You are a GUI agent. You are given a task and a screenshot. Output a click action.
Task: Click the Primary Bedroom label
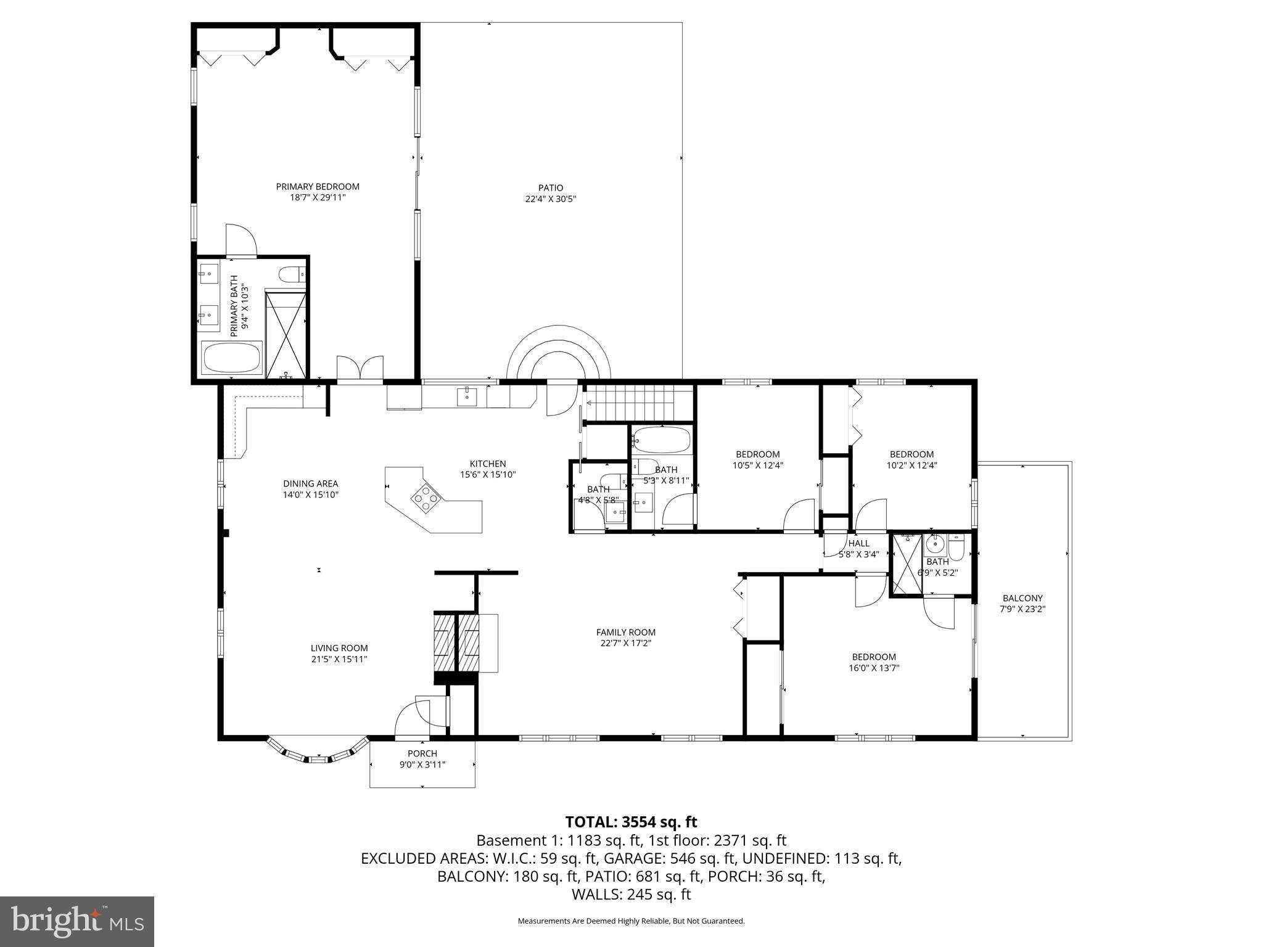coord(317,187)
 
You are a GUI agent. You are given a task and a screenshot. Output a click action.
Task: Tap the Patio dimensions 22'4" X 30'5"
coord(550,199)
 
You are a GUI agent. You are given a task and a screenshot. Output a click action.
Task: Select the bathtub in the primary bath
coord(232,358)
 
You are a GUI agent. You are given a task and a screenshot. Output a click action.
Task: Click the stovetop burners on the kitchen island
coord(426,498)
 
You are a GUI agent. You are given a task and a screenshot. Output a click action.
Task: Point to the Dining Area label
coord(310,484)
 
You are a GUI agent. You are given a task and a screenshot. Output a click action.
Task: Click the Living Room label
coord(339,648)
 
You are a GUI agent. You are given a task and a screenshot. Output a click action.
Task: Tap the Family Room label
coord(625,632)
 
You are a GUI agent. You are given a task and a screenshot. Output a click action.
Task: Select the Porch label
coord(422,753)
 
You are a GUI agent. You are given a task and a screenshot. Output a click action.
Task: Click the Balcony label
coord(1022,598)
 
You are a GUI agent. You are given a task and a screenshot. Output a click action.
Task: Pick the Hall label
coord(858,543)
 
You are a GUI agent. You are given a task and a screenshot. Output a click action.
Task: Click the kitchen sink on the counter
coord(467,396)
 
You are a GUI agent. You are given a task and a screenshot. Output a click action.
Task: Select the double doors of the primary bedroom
coord(360,368)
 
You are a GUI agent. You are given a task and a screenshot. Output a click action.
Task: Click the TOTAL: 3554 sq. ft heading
coord(631,822)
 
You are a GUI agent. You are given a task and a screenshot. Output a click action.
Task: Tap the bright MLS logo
coord(77,921)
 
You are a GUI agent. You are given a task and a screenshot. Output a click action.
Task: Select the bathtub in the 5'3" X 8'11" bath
coord(661,440)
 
